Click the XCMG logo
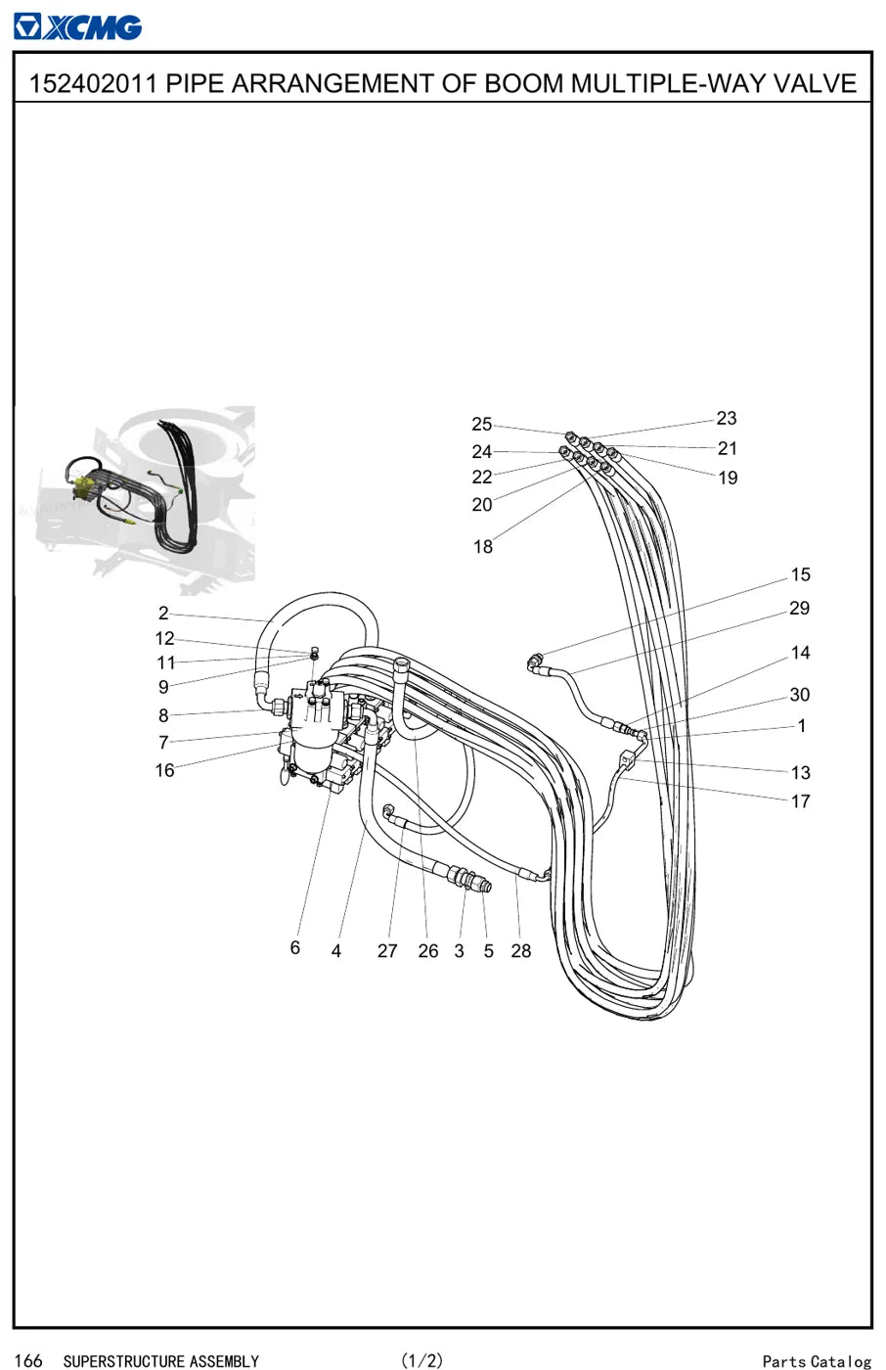pos(77,27)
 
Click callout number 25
pos(481,424)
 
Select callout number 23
pos(727,419)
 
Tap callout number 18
pos(483,546)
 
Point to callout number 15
pos(801,574)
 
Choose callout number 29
pos(799,608)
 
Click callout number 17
pos(801,801)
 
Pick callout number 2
pos(163,613)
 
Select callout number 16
pos(165,770)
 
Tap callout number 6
pos(295,947)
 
